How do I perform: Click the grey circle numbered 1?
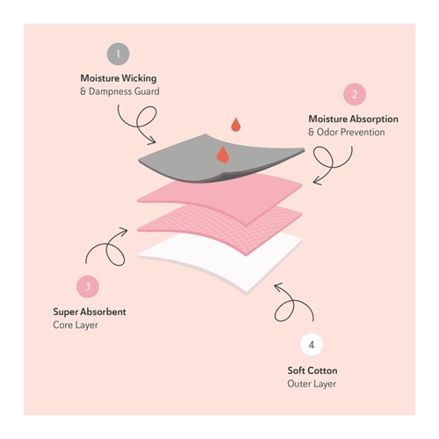tap(118, 54)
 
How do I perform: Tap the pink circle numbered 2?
tap(355, 94)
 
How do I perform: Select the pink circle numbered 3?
tap(88, 286)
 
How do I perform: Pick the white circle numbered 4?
tap(312, 344)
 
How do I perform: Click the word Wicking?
tap(139, 78)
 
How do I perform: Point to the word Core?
tap(63, 325)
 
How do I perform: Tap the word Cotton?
tap(323, 371)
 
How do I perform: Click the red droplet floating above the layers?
tap(235, 125)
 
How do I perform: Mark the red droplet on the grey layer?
tap(223, 155)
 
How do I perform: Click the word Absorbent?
tap(104, 312)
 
